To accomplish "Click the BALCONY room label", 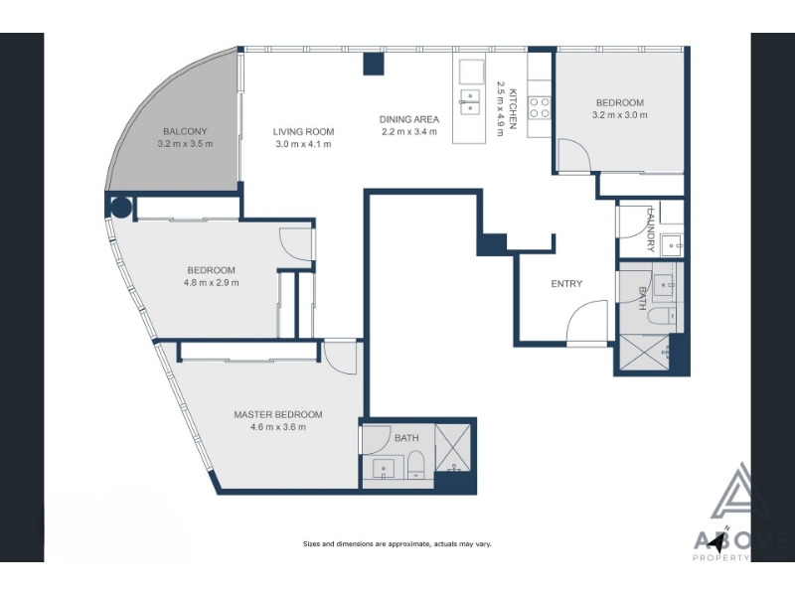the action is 185,132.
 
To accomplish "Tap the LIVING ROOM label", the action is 303,132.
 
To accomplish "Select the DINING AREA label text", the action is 409,119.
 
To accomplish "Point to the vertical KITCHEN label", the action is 513,109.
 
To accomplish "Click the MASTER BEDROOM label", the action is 278,414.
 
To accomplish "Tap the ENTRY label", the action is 566,284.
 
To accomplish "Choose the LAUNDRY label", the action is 651,229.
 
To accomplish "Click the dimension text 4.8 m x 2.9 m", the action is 211,283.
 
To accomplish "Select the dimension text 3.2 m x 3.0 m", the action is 619,115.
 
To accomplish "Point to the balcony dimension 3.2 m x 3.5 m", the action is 185,144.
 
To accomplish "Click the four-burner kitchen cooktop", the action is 540,107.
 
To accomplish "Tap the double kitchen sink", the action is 470,102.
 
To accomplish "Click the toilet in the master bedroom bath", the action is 415,466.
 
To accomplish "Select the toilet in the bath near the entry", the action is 662,316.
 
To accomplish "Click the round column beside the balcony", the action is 120,207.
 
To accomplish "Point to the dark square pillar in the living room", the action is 374,64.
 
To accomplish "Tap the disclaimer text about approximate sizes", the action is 397,544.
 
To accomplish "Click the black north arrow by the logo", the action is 716,543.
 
